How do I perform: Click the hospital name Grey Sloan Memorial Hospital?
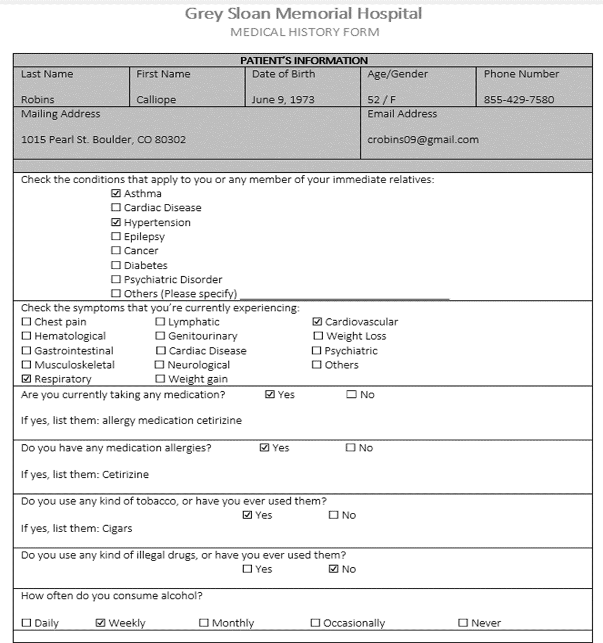[x=303, y=13]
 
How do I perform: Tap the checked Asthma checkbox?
[x=116, y=194]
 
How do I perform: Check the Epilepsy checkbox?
[x=116, y=237]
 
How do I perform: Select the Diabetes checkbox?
[x=116, y=266]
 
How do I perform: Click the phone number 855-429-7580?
[x=519, y=100]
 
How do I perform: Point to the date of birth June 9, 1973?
[x=283, y=100]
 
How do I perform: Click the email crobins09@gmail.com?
[x=423, y=140]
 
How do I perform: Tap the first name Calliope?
[x=156, y=100]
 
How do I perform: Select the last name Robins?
[x=38, y=100]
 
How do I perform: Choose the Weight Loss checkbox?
[x=318, y=336]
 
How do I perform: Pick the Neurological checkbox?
[x=160, y=365]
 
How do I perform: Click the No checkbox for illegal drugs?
[x=334, y=569]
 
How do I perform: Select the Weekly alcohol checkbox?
[x=100, y=623]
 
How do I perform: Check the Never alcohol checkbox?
[x=463, y=623]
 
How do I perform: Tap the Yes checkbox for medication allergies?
[x=265, y=448]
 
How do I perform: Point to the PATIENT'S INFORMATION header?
[x=304, y=60]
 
